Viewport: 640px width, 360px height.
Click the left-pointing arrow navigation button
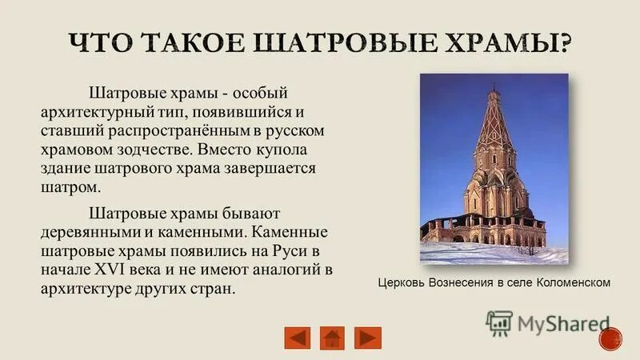coord(297,337)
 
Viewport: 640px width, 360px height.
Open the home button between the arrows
coord(332,337)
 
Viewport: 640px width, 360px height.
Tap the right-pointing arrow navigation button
coord(367,337)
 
